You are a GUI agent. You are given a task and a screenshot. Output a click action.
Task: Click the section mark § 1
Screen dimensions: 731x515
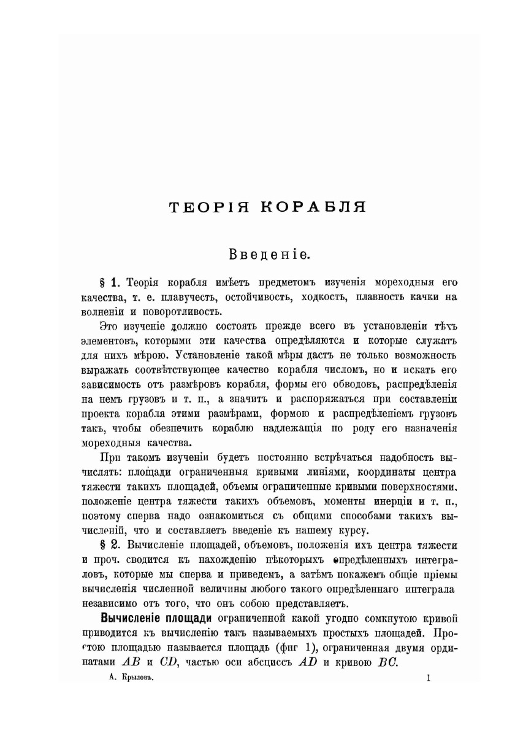108,283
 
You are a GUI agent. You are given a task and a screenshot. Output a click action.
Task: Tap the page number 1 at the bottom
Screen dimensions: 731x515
428,678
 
